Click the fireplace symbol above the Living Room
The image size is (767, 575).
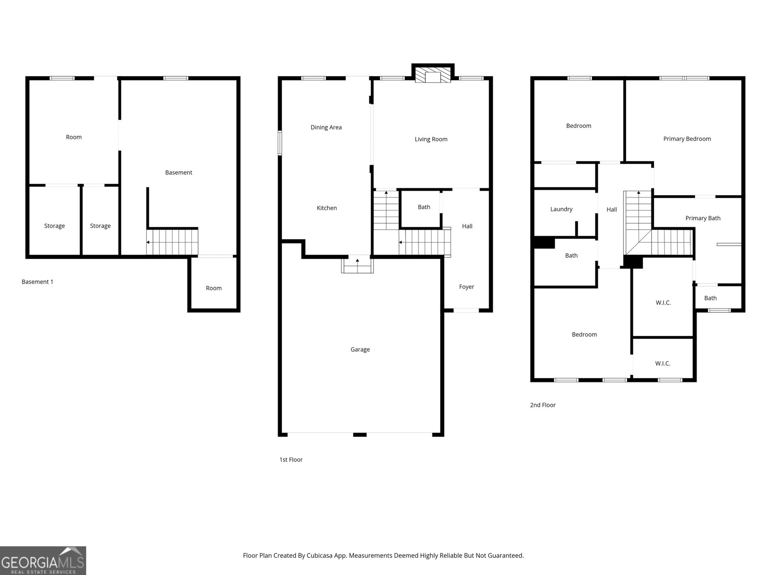[x=433, y=76]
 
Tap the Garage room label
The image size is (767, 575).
[x=360, y=349]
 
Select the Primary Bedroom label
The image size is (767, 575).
[x=687, y=139]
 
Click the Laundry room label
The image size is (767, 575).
[x=561, y=209]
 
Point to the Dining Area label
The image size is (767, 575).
[x=326, y=127]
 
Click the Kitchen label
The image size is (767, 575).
[x=327, y=208]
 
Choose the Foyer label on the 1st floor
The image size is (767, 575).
[x=466, y=287]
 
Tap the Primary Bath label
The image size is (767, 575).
[x=703, y=218]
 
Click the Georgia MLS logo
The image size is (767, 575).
[x=43, y=561]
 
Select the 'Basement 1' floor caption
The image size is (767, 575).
[x=37, y=282]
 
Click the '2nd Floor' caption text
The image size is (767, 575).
[x=543, y=405]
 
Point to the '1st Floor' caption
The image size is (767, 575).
[x=291, y=460]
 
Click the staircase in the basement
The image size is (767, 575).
[x=173, y=242]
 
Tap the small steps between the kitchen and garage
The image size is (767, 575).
[x=357, y=265]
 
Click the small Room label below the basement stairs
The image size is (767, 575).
[x=214, y=288]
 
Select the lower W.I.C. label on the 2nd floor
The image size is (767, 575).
[x=662, y=364]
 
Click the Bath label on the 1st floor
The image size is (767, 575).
[x=424, y=207]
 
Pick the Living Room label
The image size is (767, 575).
[x=431, y=139]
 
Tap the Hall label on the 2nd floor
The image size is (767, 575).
[x=612, y=209]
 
